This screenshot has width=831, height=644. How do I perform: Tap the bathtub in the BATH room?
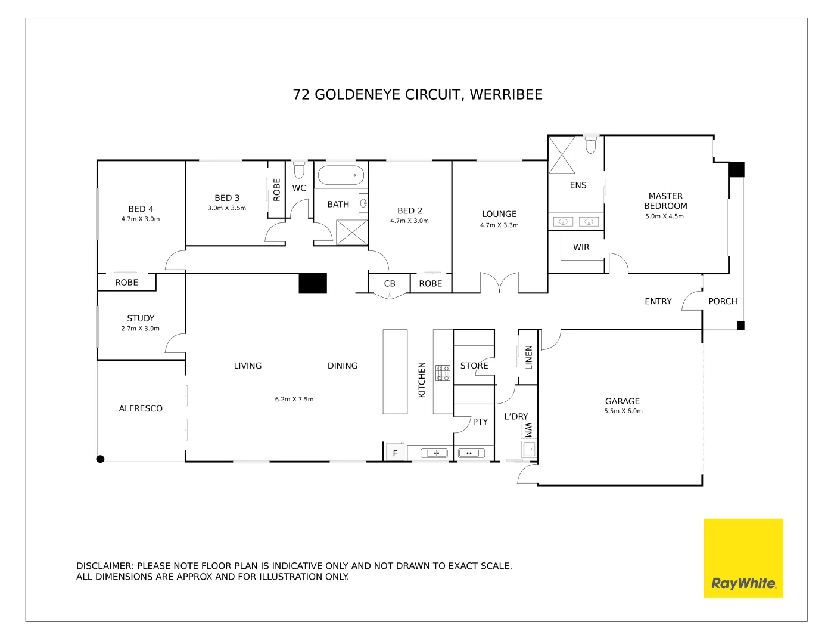click(x=340, y=176)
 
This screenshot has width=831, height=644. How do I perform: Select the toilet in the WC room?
click(x=299, y=170)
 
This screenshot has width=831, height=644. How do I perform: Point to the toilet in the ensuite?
click(x=590, y=144)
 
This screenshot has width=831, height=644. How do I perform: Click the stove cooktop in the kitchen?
click(x=443, y=373)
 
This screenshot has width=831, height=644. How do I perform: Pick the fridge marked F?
click(x=395, y=453)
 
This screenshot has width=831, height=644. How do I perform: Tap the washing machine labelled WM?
click(x=528, y=430)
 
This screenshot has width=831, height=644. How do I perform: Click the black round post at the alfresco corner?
click(x=101, y=459)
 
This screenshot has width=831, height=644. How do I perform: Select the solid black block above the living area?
click(x=313, y=283)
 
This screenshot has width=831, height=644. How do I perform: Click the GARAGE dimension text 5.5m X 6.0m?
click(x=623, y=411)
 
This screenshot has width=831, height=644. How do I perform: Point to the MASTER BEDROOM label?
click(x=665, y=201)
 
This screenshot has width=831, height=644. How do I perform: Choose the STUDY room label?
click(x=141, y=318)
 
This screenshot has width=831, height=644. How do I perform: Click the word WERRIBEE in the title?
click(x=506, y=95)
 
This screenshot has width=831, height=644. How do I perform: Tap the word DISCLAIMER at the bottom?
click(x=104, y=566)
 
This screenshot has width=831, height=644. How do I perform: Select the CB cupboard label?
click(x=390, y=284)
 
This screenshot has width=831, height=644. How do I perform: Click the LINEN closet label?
click(x=528, y=357)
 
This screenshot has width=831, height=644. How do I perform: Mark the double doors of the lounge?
click(x=499, y=283)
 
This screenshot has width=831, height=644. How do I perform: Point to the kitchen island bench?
click(x=395, y=371)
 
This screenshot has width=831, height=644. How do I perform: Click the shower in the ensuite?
click(x=562, y=154)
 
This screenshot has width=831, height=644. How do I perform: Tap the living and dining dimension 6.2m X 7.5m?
click(x=294, y=400)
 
